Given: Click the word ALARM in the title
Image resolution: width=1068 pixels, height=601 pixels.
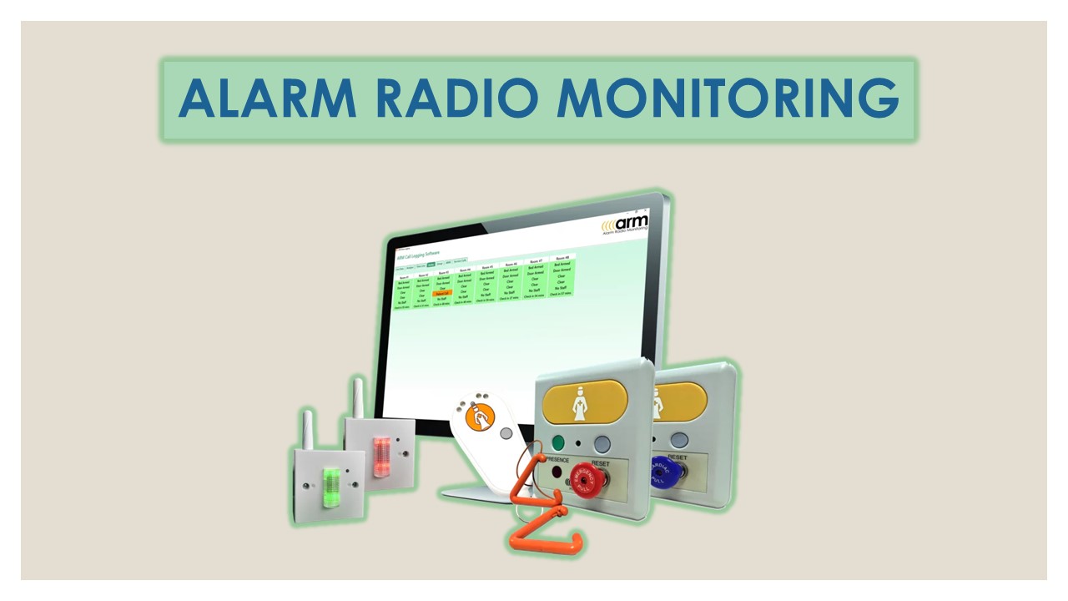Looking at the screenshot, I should tap(267, 98).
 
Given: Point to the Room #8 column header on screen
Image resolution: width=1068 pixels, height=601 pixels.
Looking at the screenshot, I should tap(562, 259).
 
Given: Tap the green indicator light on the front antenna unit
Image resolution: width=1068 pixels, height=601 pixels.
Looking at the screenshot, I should tap(330, 481).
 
